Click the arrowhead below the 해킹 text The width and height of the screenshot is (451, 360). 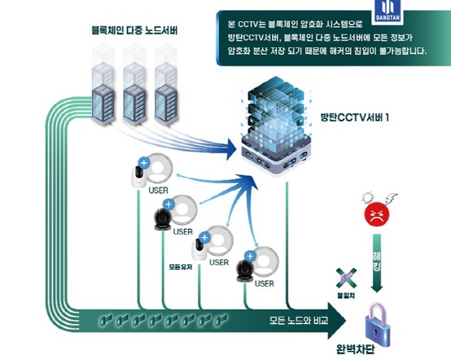point(378,286)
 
